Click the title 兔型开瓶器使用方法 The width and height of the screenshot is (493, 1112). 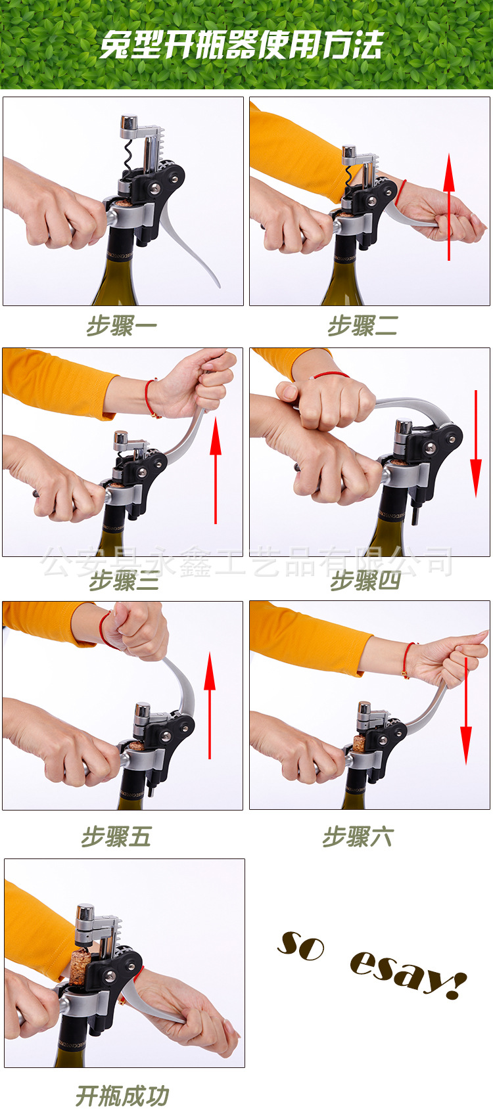coord(241,45)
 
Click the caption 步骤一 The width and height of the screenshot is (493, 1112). coord(122,326)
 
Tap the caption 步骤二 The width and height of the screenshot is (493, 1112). coord(363,326)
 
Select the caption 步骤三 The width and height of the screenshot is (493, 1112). coord(124,581)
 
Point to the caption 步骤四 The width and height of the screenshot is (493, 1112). coord(365,581)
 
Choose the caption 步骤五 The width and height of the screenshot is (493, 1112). coord(116,837)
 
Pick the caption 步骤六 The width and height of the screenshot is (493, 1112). coord(358,837)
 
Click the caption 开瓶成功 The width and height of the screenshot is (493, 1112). coord(123,1096)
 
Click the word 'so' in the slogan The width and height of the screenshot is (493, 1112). coord(300,946)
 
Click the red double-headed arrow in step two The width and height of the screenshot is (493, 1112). coord(449,207)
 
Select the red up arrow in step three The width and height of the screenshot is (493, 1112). coord(215,471)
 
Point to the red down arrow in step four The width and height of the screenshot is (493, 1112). coord(476,444)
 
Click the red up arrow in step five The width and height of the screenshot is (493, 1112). coord(210,705)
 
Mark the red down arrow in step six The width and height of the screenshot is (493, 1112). coord(465,711)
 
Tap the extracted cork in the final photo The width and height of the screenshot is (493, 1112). coord(78,966)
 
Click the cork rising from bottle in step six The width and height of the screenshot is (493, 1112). coord(359,743)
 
